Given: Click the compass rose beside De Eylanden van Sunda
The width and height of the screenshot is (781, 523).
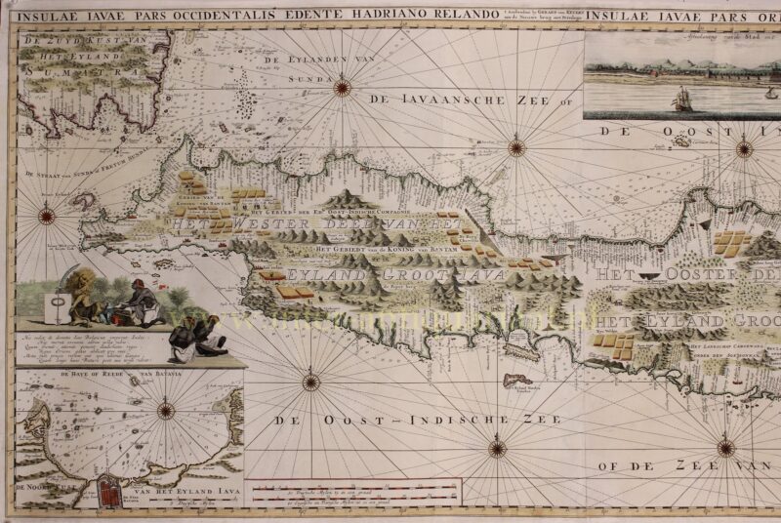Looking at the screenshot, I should click(342, 88).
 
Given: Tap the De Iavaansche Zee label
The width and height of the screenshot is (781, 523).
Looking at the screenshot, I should click(456, 100).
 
